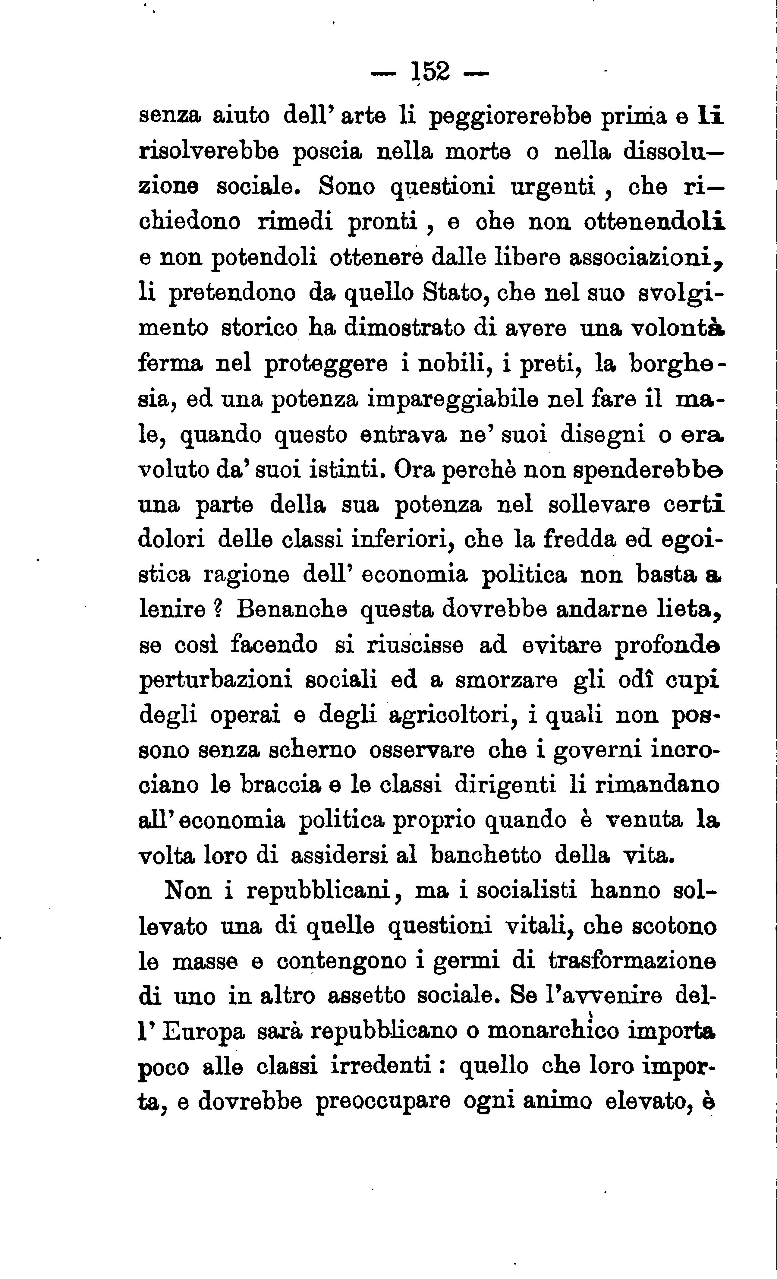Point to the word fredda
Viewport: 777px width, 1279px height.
[x=580, y=540]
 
